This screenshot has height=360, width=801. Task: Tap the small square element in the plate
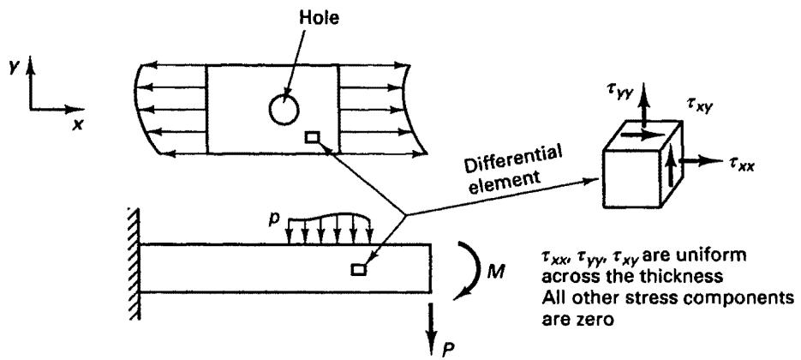click(x=312, y=137)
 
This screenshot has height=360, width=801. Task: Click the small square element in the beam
click(x=359, y=269)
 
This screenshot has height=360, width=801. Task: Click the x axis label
click(x=78, y=124)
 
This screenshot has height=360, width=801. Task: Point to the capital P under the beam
click(x=446, y=348)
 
